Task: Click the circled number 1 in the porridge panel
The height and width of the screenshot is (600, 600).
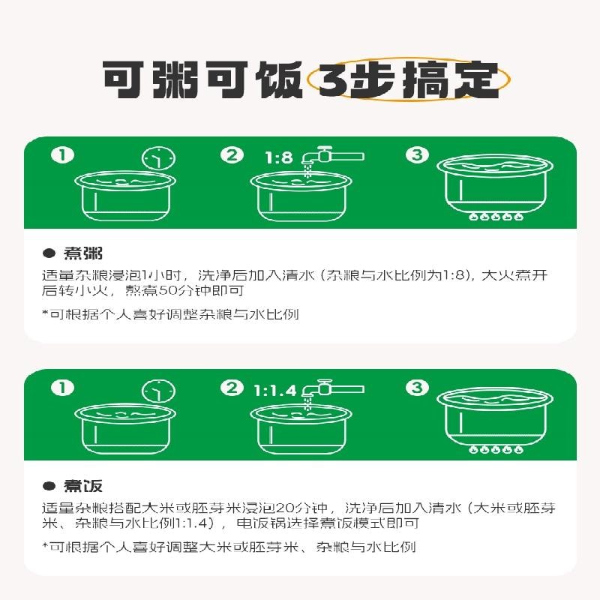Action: [63, 155]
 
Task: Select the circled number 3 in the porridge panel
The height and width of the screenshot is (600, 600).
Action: [417, 155]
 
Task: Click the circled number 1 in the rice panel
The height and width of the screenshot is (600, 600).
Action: [63, 388]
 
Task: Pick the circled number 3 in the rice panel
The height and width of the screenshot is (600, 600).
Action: [417, 388]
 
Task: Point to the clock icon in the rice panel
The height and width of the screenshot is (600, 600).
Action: [159, 391]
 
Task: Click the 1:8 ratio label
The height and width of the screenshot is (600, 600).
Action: [279, 158]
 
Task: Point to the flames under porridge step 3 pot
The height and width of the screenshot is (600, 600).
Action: [496, 217]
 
